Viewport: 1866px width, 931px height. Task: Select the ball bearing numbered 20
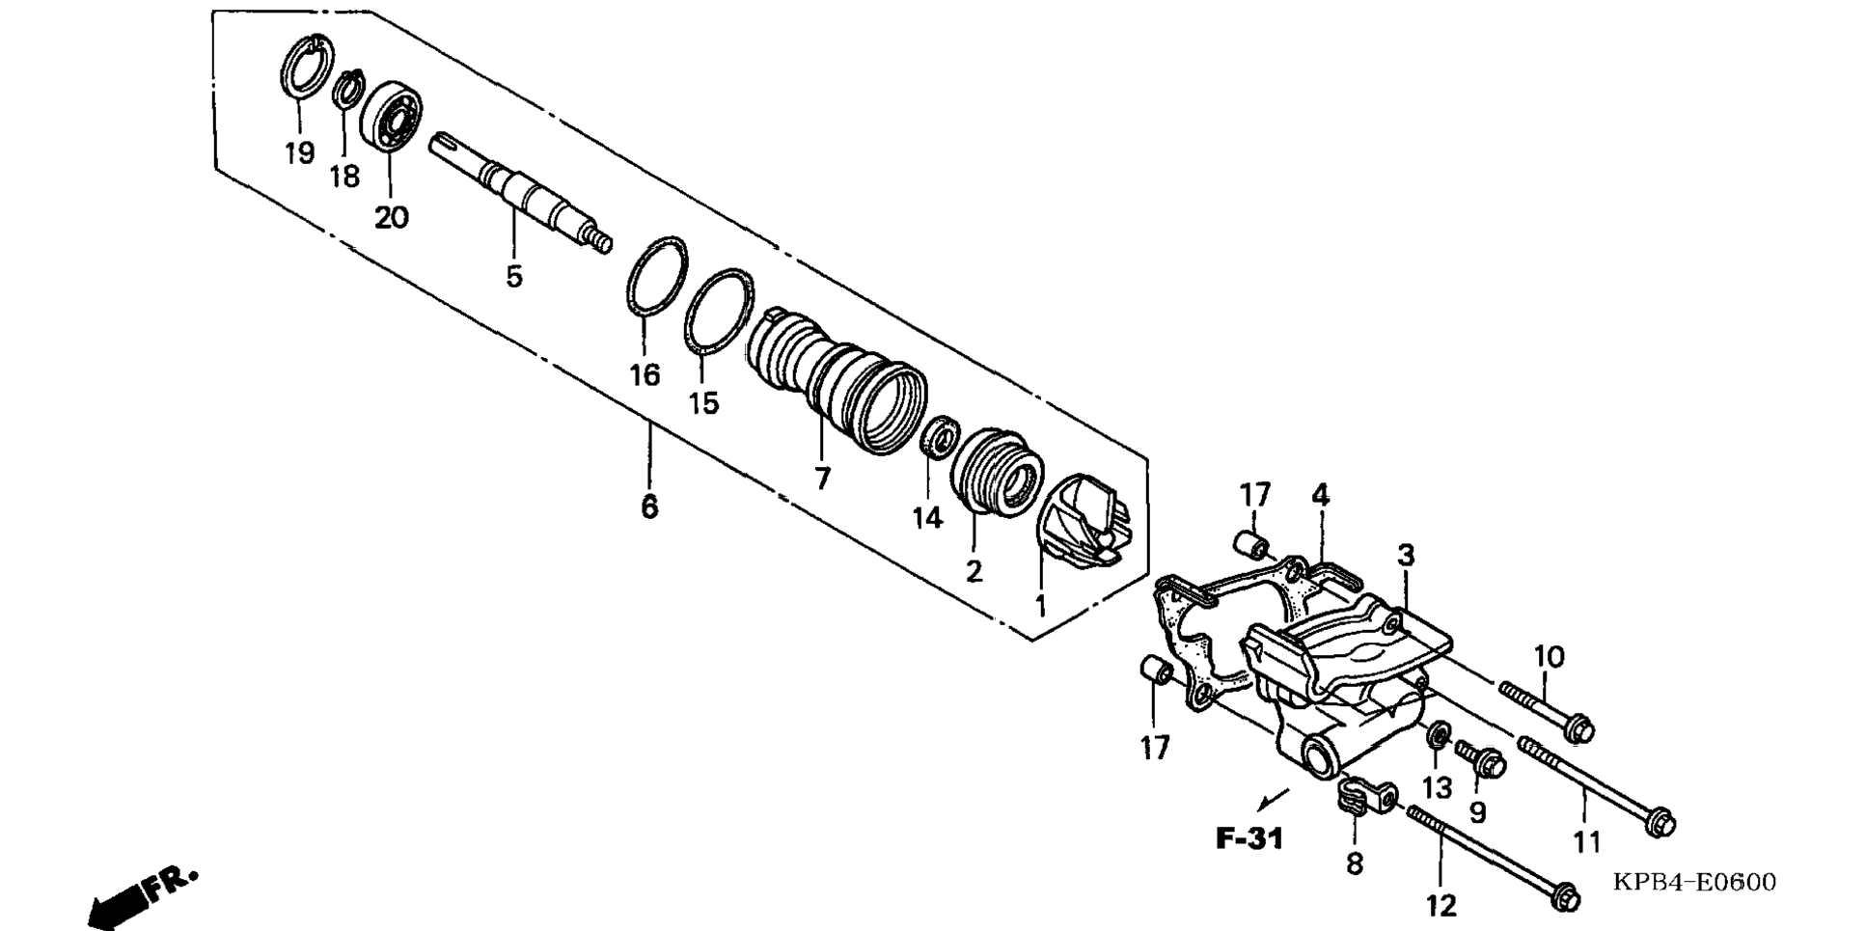[391, 115]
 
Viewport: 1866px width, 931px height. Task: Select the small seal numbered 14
[936, 437]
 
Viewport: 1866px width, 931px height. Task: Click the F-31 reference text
[1249, 838]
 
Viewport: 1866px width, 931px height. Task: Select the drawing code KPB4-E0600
[1693, 882]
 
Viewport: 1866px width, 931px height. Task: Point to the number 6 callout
[649, 506]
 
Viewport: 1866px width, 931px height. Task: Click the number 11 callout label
[1587, 842]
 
